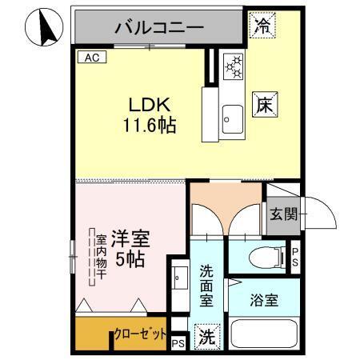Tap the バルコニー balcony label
tap(159, 27)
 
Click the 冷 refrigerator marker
tap(262, 26)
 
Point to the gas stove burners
tap(233, 67)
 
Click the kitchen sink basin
tap(233, 119)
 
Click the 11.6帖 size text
tap(150, 125)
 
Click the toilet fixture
tap(266, 256)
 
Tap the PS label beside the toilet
tap(294, 256)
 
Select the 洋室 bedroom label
tap(130, 238)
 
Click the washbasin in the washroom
tap(178, 279)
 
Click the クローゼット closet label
tap(141, 333)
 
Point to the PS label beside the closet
tap(177, 343)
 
